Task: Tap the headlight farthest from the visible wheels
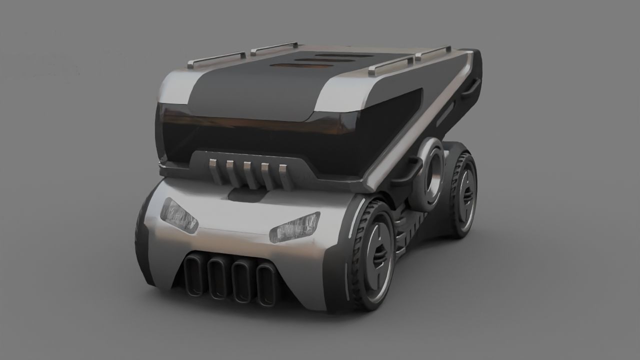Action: coord(178,215)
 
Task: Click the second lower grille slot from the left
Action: coord(217,277)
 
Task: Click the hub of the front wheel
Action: coord(379,254)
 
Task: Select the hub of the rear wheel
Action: coord(467,195)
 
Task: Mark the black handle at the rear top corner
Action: coord(470,87)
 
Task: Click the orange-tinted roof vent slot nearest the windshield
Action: coord(300,66)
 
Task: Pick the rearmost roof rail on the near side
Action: coord(433,53)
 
